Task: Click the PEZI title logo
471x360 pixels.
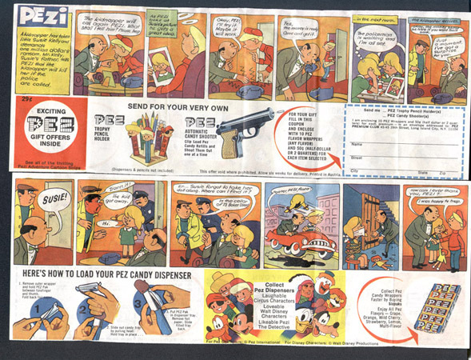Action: click(x=37, y=17)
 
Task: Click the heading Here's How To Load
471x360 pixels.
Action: click(x=102, y=272)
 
